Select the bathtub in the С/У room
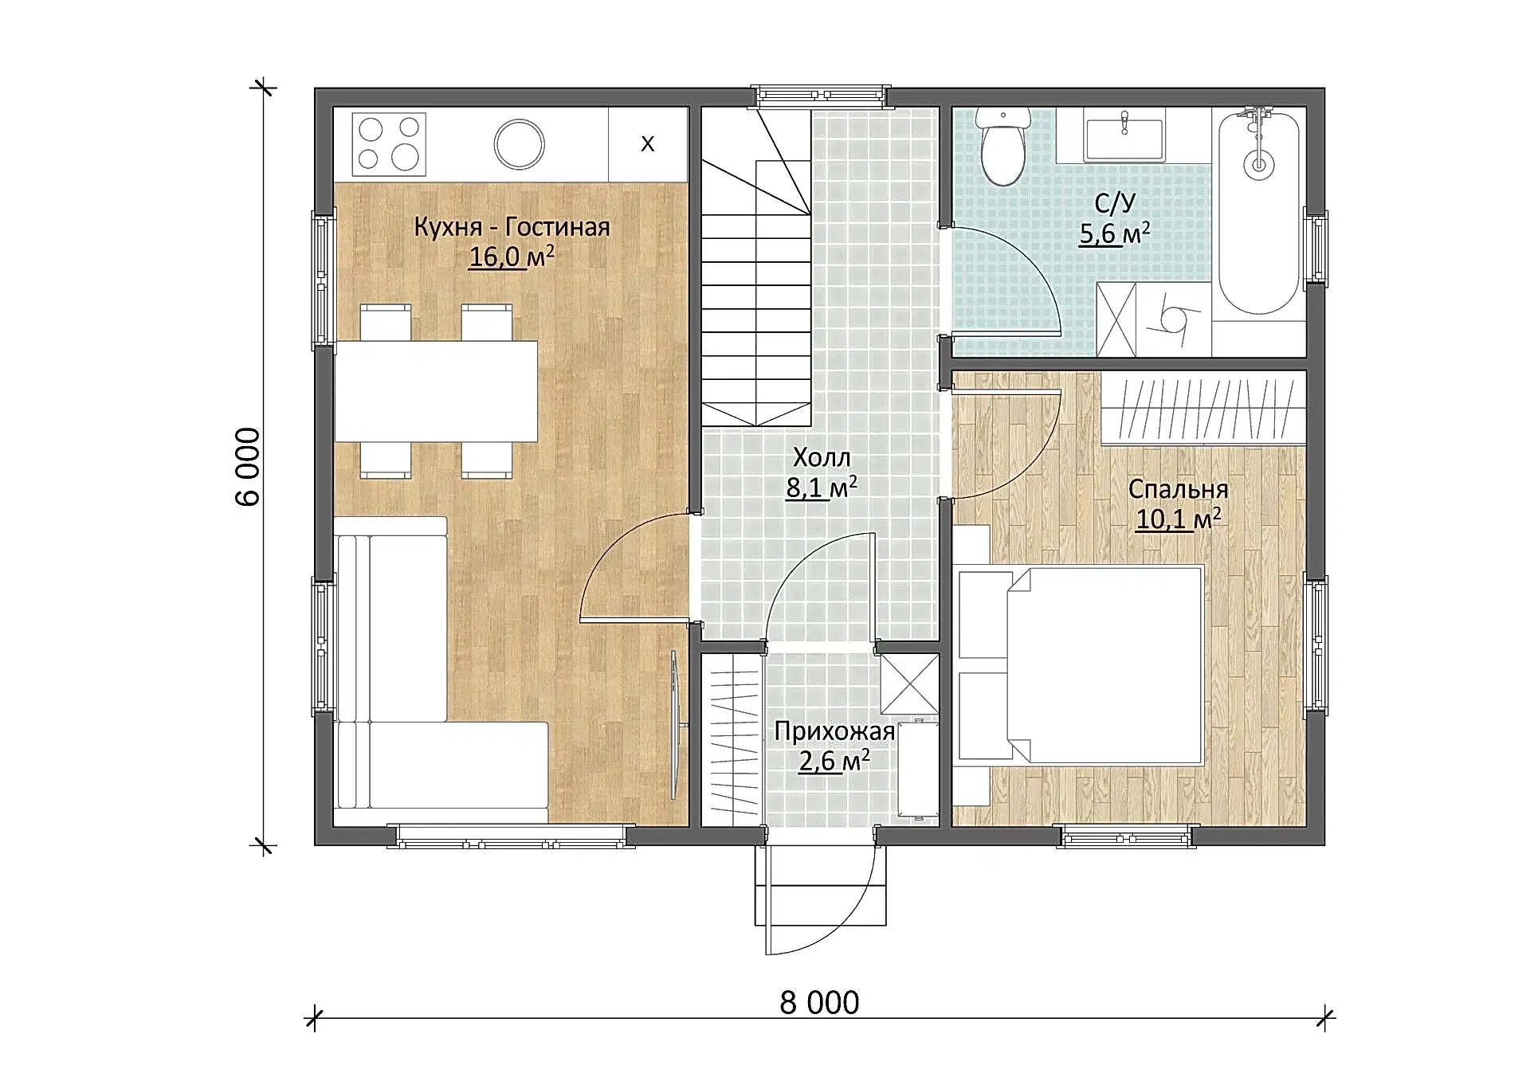(x=1259, y=212)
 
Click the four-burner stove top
(x=389, y=144)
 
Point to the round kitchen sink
(x=519, y=144)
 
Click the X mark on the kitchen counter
(x=648, y=143)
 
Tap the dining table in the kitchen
(x=436, y=391)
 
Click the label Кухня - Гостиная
(x=512, y=227)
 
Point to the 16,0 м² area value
(x=512, y=257)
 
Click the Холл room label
(x=822, y=457)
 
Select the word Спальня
(x=1178, y=489)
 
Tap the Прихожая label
(x=834, y=731)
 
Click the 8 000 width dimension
(x=819, y=1003)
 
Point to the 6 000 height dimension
(x=248, y=467)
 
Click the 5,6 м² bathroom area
(x=1115, y=233)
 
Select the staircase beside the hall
(x=755, y=267)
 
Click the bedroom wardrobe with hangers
(x=1204, y=408)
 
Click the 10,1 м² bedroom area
(x=1178, y=519)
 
